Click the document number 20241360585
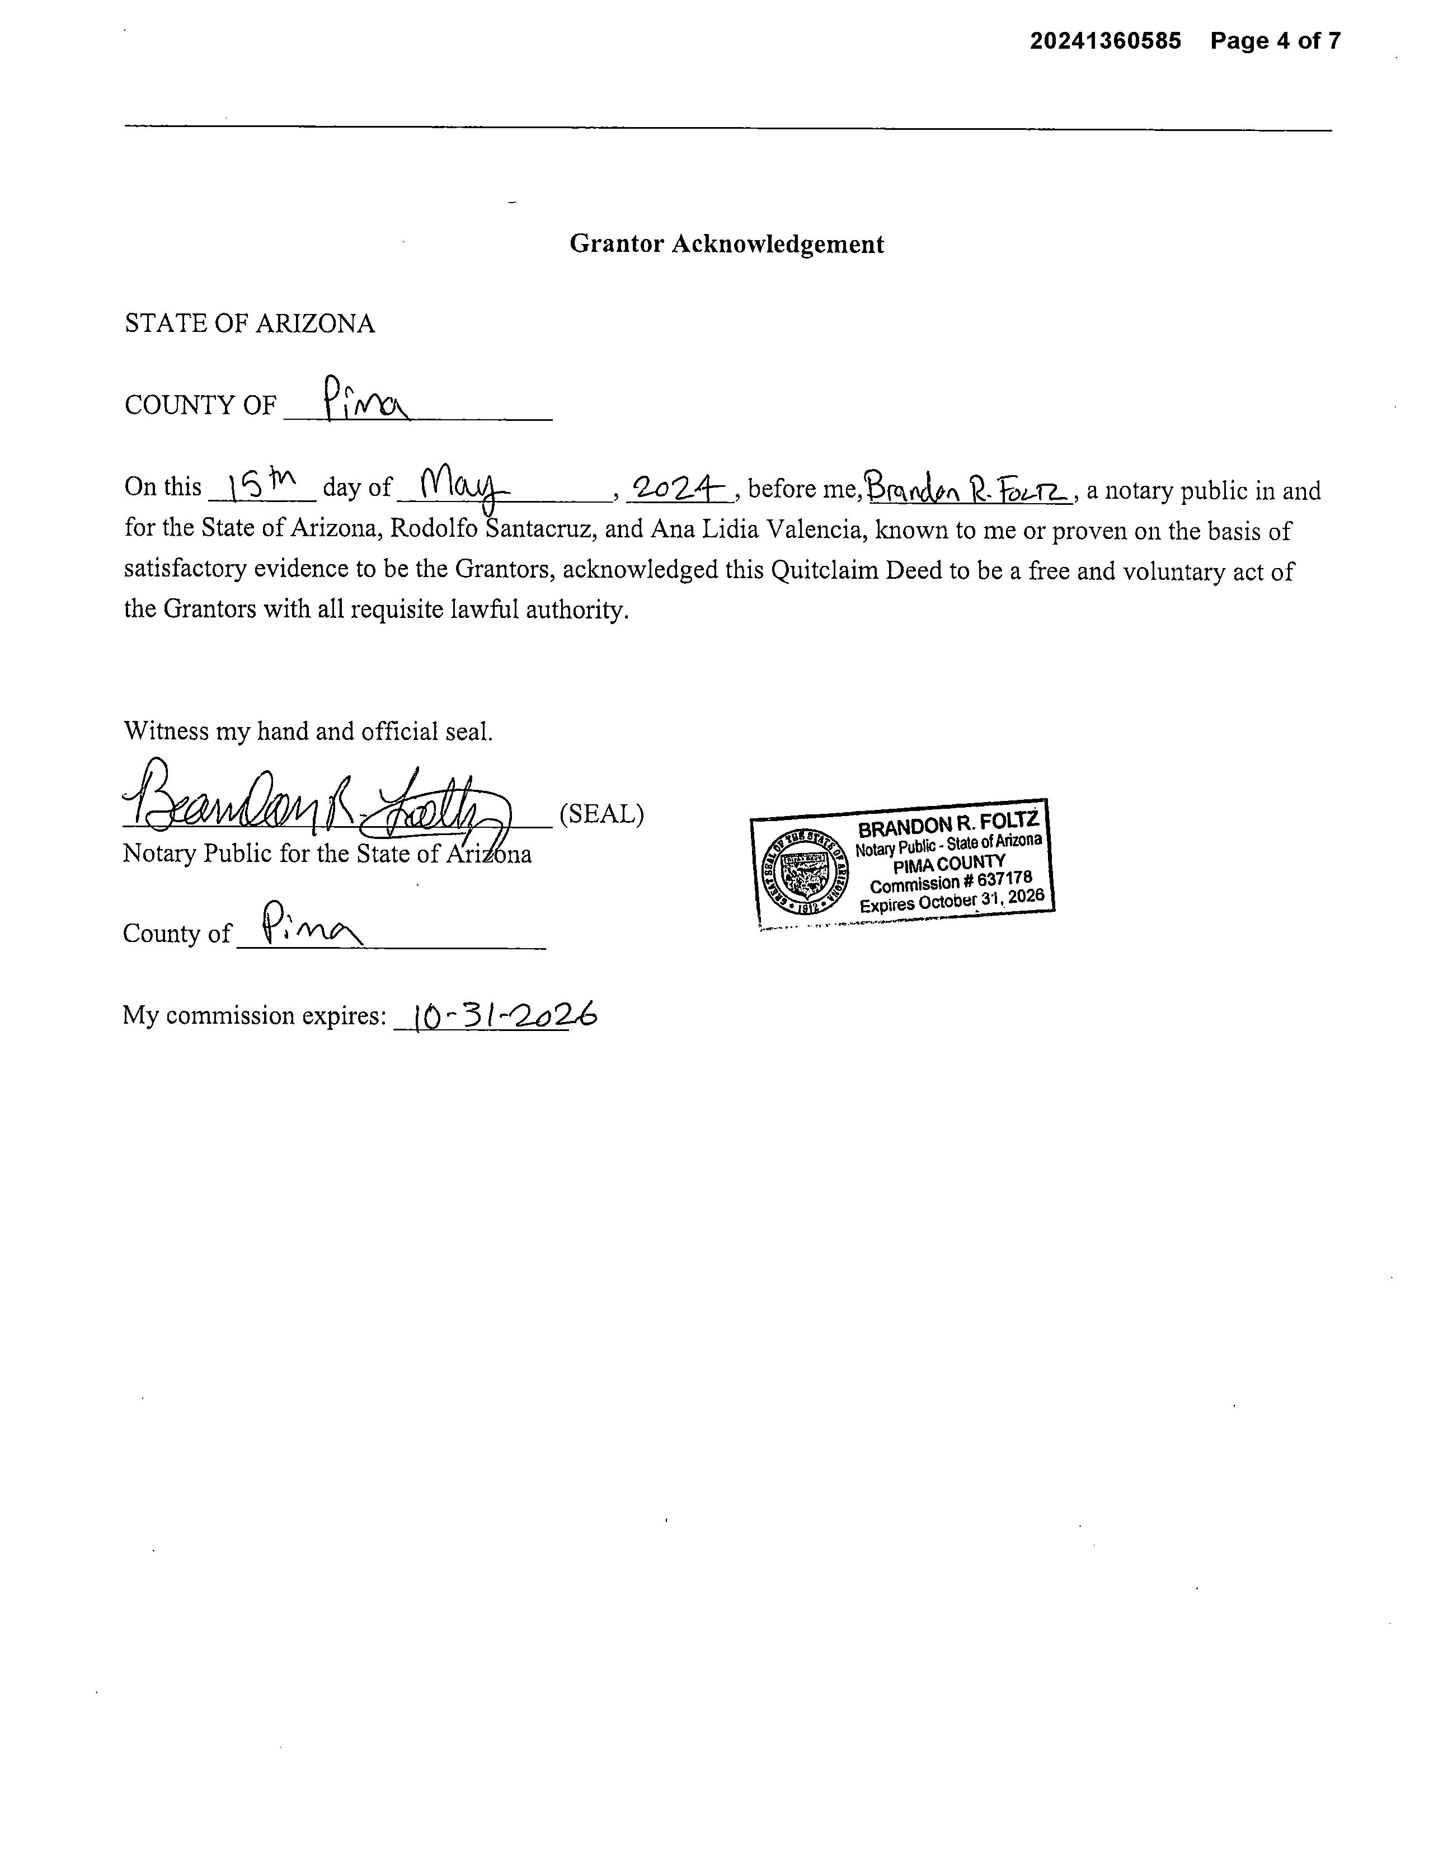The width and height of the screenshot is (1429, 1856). click(x=1104, y=41)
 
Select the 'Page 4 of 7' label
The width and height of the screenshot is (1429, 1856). click(x=1275, y=41)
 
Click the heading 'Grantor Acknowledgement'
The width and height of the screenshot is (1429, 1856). click(x=726, y=244)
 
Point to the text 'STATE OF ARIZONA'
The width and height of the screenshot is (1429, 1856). click(x=249, y=324)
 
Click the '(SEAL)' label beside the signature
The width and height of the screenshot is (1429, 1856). click(x=601, y=814)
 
